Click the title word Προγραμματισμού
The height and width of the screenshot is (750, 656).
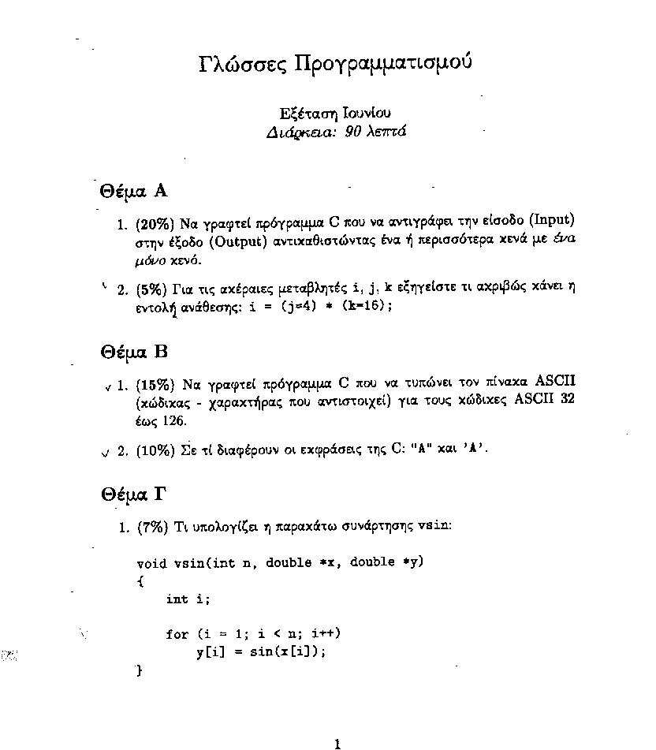382,64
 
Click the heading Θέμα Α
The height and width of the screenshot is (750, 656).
134,191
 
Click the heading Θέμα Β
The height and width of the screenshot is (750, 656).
134,352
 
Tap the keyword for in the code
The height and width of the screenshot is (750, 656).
177,634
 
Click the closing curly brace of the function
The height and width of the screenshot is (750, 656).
140,670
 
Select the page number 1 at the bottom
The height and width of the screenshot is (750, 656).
337,743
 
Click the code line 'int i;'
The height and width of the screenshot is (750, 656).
188,599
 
